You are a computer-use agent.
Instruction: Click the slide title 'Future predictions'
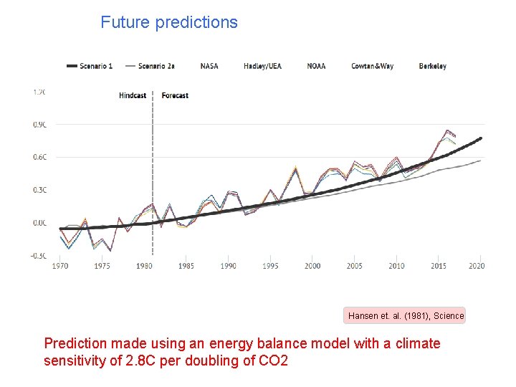click(169, 22)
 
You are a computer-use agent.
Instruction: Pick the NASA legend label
click(209, 66)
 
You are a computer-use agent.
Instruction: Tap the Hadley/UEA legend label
click(262, 66)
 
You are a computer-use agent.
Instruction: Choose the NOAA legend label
click(316, 66)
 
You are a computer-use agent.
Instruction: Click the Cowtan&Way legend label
click(372, 66)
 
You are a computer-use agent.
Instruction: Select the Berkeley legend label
click(433, 66)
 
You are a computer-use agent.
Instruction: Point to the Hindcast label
click(133, 95)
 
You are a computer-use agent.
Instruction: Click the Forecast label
click(176, 95)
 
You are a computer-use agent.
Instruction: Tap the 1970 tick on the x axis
click(61, 266)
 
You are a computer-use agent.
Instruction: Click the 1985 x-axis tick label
click(186, 266)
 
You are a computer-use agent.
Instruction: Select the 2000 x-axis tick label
click(312, 266)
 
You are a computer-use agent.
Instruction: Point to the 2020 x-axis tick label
click(477, 266)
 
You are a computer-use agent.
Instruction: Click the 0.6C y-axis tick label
click(39, 157)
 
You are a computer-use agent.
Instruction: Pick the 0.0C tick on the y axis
click(39, 223)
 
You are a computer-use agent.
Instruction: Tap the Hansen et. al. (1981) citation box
click(406, 315)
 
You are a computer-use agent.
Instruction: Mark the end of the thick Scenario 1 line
click(481, 138)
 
